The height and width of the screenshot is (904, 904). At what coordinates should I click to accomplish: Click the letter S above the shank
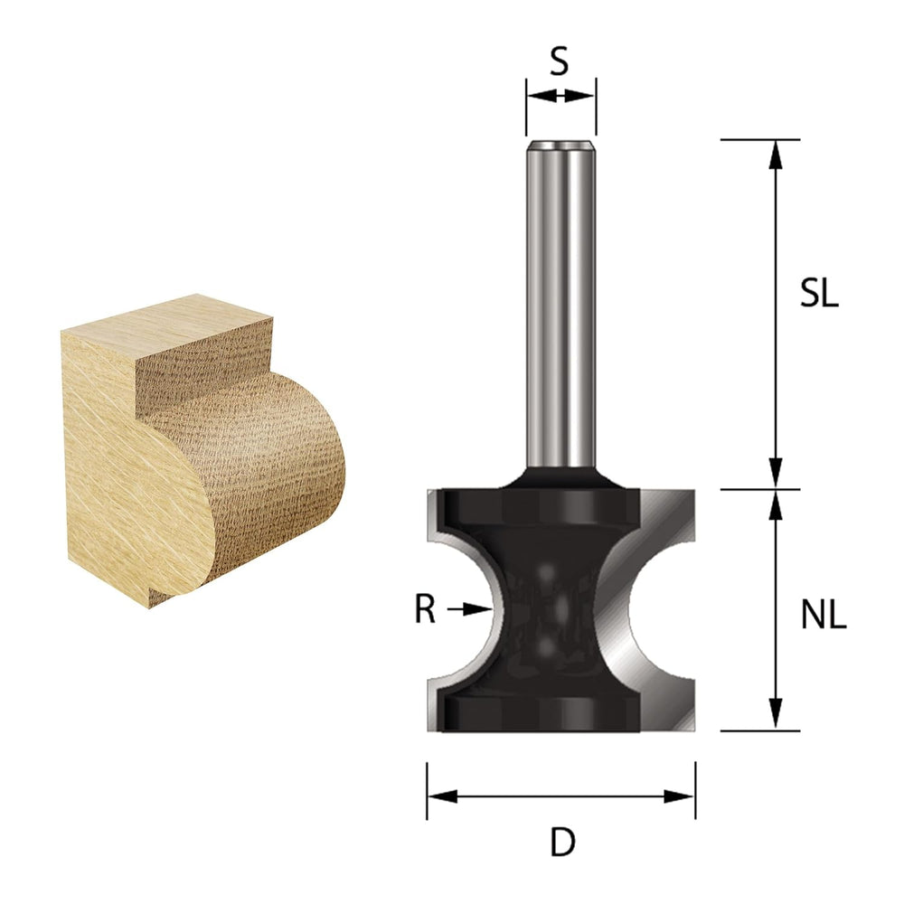click(560, 61)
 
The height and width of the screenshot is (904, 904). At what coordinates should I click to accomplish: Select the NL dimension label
click(824, 616)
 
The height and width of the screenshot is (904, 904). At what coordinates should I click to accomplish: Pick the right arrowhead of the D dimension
click(679, 796)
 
